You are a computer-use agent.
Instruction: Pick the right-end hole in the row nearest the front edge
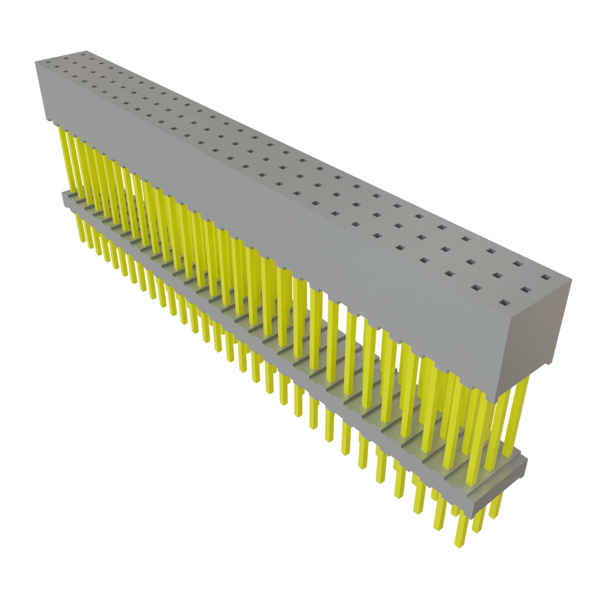(x=503, y=303)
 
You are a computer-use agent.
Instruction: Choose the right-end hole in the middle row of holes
(x=524, y=290)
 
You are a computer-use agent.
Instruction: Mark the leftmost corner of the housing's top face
(x=34, y=61)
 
